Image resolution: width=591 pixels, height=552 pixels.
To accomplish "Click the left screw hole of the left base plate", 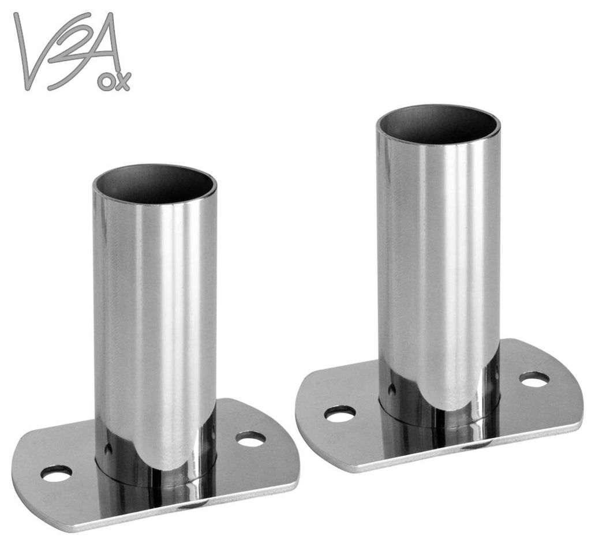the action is pos(57,472).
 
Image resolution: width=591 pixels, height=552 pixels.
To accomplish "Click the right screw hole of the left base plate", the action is pos(250,439).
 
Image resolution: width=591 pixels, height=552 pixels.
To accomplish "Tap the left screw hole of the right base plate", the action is pos(340,414).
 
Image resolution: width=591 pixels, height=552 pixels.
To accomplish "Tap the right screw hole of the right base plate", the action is pos(534,380).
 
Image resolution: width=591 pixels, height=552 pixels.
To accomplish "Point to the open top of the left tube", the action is pos(155,183).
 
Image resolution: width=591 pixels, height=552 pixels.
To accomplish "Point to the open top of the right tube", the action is pos(439,125).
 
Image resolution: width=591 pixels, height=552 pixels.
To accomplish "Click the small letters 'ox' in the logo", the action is pos(114,81).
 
